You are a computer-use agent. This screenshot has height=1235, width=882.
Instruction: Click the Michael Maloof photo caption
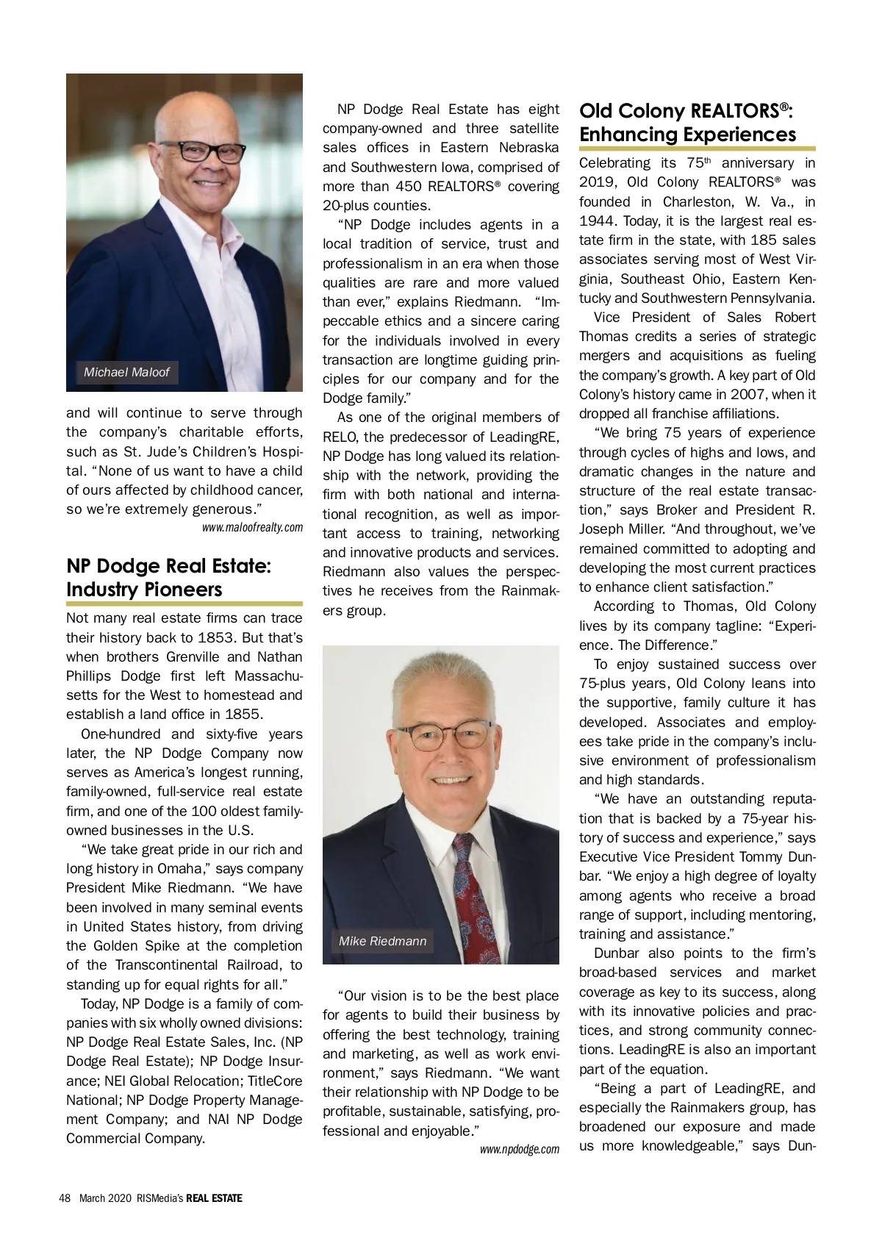(x=126, y=372)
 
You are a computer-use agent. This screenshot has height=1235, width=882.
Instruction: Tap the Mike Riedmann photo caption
(x=382, y=941)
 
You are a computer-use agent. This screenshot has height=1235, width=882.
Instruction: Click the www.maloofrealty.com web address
(x=252, y=527)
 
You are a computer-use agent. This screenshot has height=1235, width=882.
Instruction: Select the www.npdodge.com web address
(x=519, y=1149)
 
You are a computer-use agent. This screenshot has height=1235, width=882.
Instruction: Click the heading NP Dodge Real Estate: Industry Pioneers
(x=168, y=578)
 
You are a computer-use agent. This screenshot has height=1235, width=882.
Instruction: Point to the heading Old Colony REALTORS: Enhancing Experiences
(x=687, y=123)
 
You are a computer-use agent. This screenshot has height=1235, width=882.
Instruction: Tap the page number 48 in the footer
(x=65, y=1198)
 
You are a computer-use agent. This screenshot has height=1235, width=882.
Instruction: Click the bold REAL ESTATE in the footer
(x=214, y=1198)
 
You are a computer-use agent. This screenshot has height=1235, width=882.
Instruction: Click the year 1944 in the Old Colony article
(x=597, y=221)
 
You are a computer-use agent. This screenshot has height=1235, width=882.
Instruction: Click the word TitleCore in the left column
(x=275, y=1081)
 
